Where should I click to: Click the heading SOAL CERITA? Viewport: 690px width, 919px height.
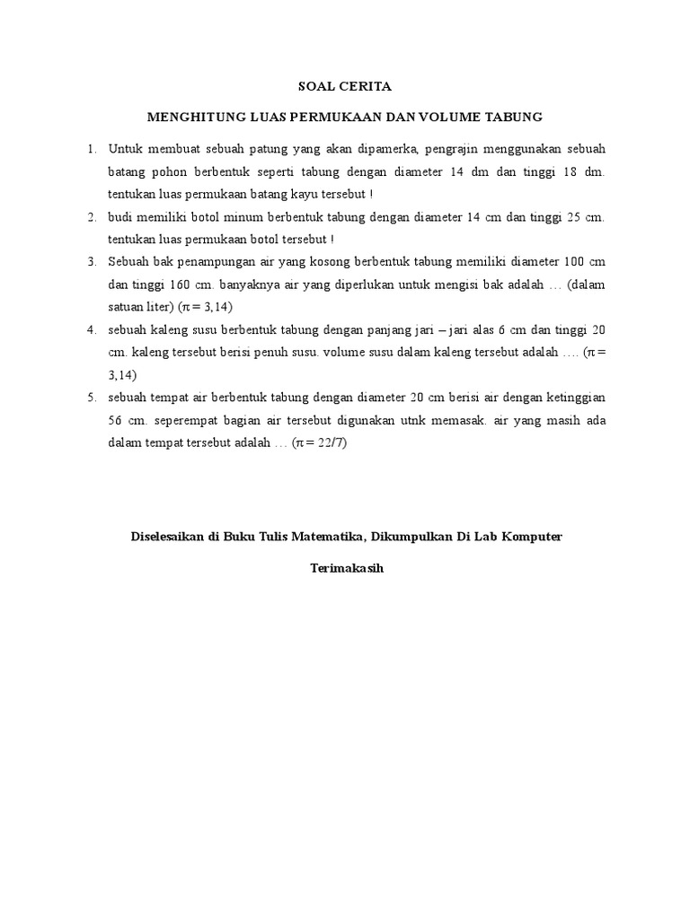tap(345, 87)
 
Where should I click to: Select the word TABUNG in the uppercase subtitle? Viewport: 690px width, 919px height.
tap(516, 117)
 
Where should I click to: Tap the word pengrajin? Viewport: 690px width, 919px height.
tap(420, 147)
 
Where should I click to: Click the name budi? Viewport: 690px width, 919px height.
tap(120, 216)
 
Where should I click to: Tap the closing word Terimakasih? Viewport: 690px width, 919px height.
tap(346, 568)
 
